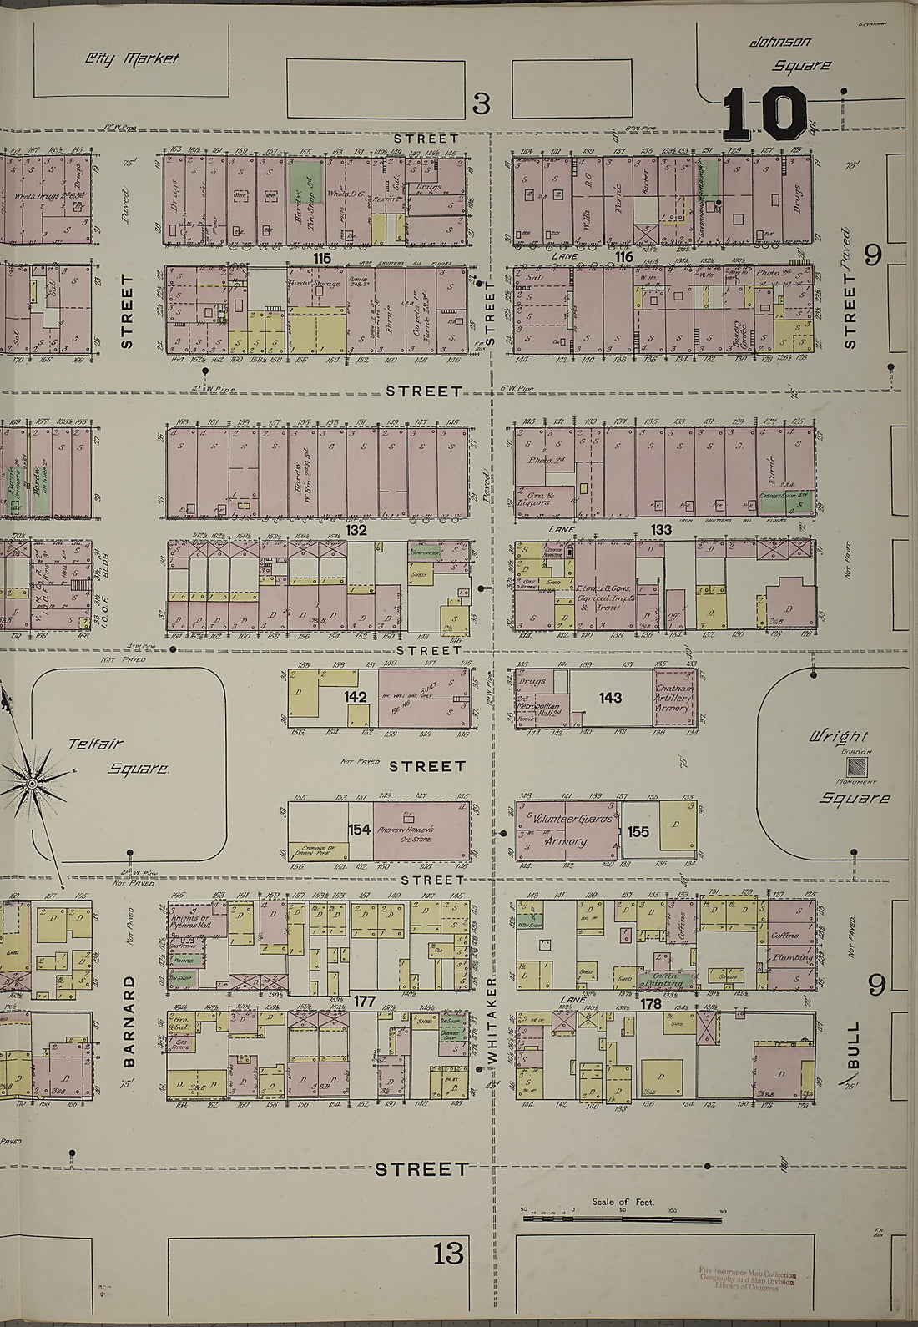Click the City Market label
[131, 58]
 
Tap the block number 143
[610, 698]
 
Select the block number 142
[356, 695]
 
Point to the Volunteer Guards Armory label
[567, 830]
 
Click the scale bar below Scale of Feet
[622, 1219]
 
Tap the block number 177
[364, 1001]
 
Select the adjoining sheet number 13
[447, 1254]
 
